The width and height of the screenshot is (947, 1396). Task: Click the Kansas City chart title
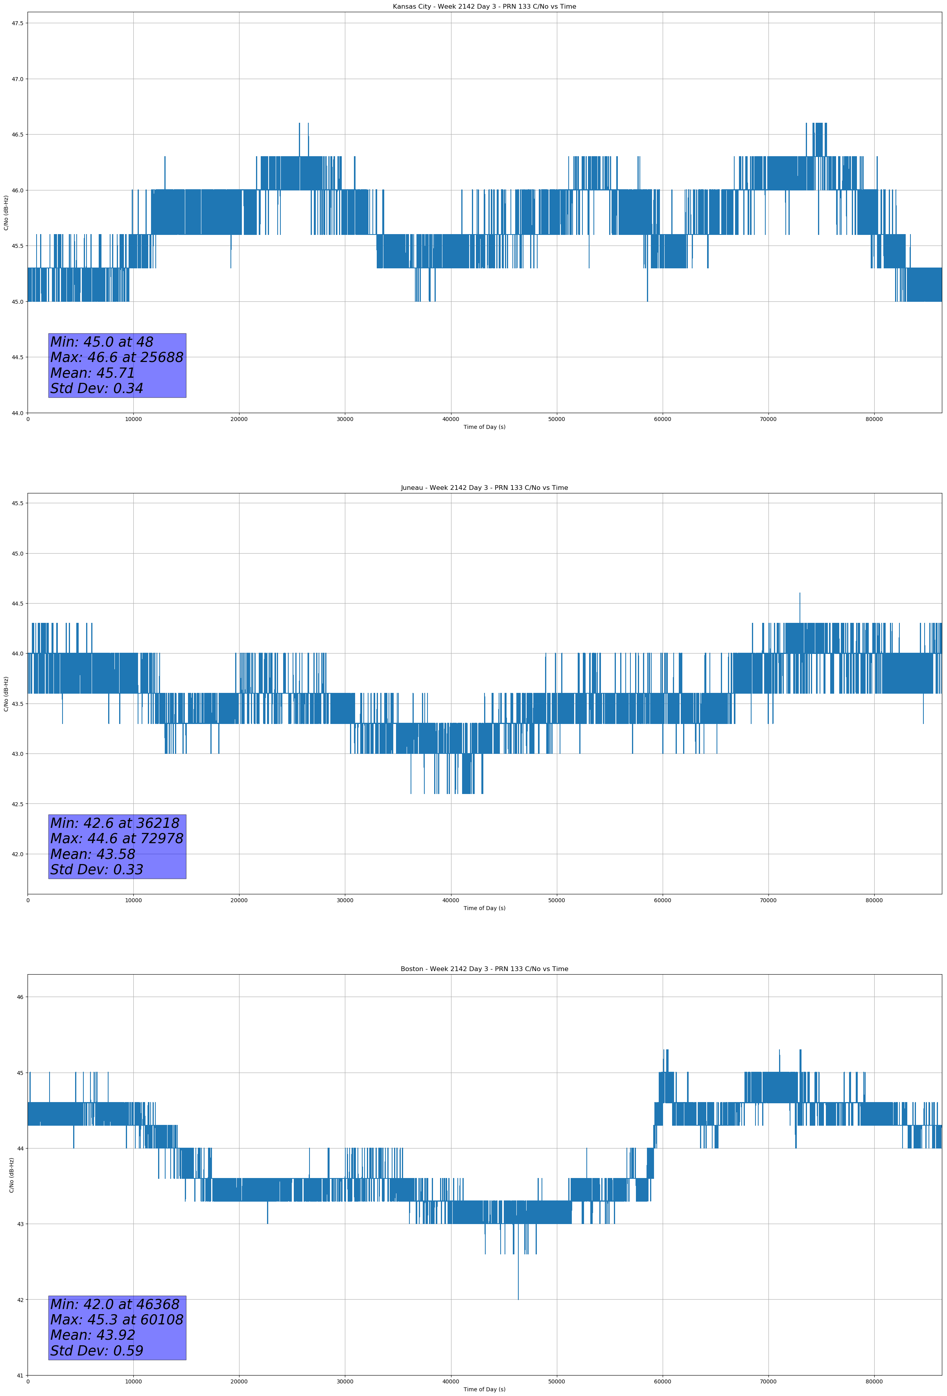point(484,7)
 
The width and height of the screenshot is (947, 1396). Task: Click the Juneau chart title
point(484,488)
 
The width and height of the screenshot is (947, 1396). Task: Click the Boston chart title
point(484,969)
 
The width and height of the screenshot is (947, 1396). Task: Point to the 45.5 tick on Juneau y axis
point(17,503)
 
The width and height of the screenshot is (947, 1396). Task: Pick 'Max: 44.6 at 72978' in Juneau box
point(116,838)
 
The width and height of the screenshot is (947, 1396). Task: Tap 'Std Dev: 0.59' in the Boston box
point(97,1351)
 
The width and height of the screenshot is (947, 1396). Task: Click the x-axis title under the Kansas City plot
point(484,427)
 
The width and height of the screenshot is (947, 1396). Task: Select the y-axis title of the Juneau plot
point(6,694)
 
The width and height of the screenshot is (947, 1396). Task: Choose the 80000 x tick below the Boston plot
point(874,1381)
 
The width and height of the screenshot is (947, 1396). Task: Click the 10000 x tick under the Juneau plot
point(133,900)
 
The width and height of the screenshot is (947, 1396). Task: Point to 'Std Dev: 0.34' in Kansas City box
point(97,389)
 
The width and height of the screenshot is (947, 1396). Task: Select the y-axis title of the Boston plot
point(11,1175)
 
